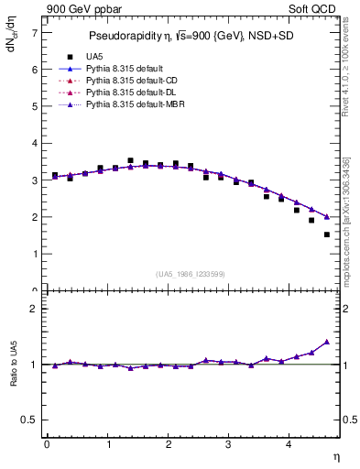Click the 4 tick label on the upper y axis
point(34,144)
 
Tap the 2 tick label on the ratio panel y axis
point(34,309)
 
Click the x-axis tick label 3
point(228,445)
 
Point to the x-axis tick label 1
point(107,445)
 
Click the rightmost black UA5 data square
point(326,234)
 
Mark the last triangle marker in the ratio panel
point(326,342)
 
